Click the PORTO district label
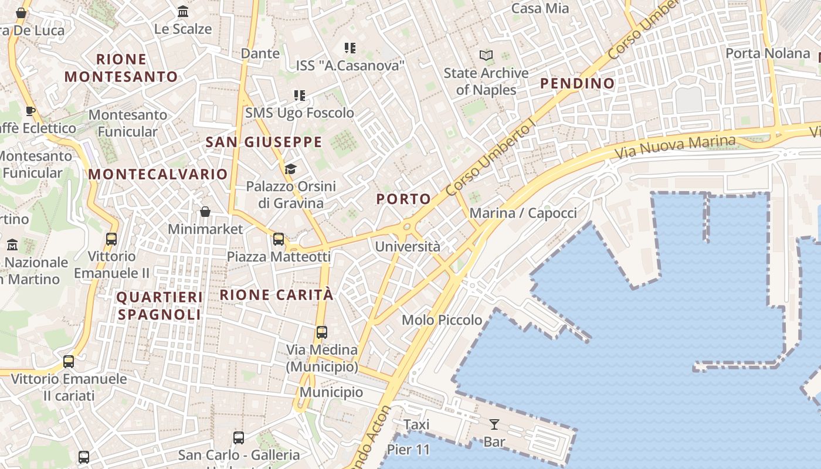point(403,199)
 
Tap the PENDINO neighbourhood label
point(577,83)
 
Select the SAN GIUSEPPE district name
point(264,142)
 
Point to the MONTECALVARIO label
point(158,174)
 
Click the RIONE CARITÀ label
point(276,295)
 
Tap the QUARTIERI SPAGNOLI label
point(160,306)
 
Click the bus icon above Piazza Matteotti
point(279,239)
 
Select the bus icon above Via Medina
point(321,332)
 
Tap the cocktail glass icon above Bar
point(494,424)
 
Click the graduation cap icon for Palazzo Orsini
point(290,169)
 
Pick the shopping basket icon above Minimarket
point(205,212)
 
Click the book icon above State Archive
point(486,56)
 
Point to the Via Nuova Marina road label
point(674,147)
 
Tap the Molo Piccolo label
point(442,320)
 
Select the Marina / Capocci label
point(523,213)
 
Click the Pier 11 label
point(408,450)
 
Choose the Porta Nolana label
point(767,53)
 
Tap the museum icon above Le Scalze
point(183,12)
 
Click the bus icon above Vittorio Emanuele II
point(111,239)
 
